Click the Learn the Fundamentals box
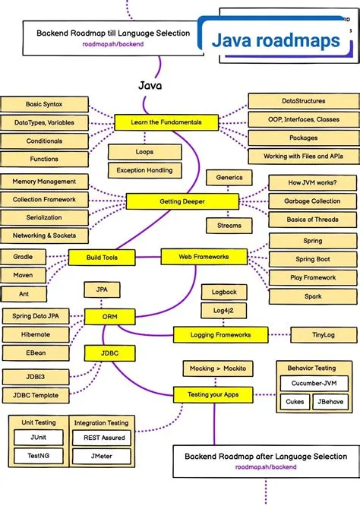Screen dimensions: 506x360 pyautogui.click(x=158, y=122)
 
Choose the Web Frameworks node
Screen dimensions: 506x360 pyautogui.click(x=204, y=258)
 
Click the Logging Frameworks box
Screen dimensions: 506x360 pyautogui.click(x=221, y=334)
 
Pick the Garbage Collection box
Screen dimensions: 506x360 pyautogui.click(x=312, y=202)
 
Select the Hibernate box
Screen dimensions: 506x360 pyautogui.click(x=36, y=334)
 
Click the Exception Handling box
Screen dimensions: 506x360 pyautogui.click(x=145, y=170)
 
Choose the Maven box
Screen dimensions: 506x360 pyautogui.click(x=23, y=275)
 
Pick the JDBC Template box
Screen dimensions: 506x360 pyautogui.click(x=36, y=394)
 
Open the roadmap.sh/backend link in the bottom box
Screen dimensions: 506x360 pyautogui.click(x=265, y=467)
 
